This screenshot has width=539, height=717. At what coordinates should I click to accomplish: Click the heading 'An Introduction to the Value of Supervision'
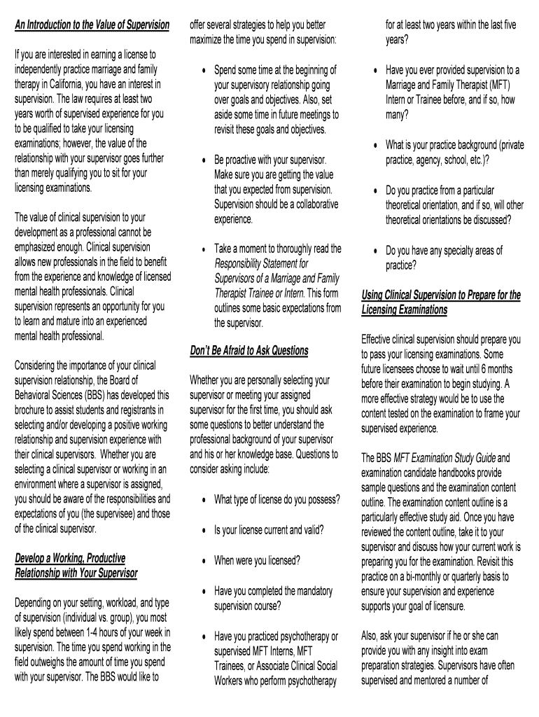point(92,25)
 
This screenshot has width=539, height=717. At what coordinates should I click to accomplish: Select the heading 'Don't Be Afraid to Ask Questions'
point(248,350)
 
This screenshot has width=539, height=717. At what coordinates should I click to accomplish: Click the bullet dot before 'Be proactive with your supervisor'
point(203,160)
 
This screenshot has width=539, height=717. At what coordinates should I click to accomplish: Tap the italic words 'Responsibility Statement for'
point(261,263)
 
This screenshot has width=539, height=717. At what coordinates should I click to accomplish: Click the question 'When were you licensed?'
point(257,560)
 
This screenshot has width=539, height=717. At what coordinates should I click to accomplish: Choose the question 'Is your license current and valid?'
point(269,529)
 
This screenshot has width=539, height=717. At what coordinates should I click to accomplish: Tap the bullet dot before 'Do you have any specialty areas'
point(375,251)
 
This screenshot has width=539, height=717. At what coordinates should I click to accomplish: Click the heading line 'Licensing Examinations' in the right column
point(404,309)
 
